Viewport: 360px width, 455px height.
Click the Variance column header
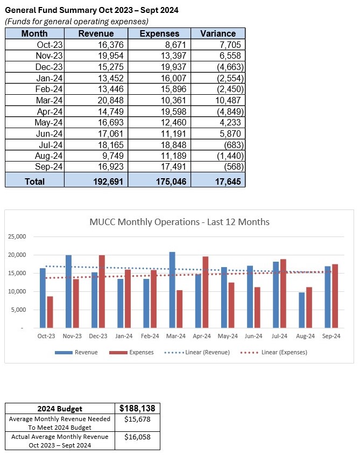click(218, 33)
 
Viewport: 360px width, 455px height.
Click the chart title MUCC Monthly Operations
click(179, 222)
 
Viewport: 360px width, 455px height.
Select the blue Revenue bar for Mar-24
click(172, 290)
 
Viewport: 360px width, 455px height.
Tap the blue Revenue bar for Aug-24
click(302, 310)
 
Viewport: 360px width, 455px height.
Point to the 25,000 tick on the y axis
click(17, 237)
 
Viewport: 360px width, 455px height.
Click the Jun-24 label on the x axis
click(253, 336)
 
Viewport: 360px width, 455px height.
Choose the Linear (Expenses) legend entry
click(280, 353)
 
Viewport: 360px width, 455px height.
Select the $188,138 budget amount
click(138, 408)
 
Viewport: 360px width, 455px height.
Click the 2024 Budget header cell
click(60, 408)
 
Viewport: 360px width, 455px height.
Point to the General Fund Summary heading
click(92, 10)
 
